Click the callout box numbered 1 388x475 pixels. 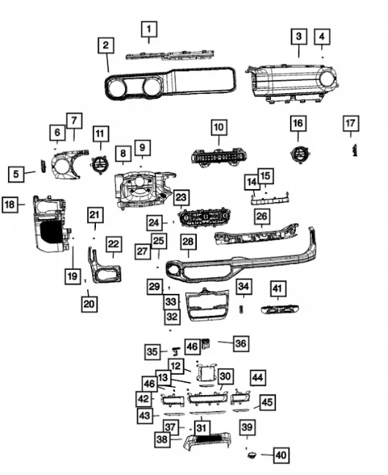tap(149, 29)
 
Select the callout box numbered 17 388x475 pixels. tap(351, 123)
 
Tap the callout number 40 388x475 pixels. tap(281, 455)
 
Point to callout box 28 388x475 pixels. tap(188, 241)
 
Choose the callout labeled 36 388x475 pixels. tap(241, 343)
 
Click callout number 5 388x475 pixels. tap(16, 174)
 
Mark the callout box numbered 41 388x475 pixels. tap(278, 289)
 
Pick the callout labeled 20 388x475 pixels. tap(89, 303)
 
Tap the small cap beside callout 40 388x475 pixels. tap(252, 454)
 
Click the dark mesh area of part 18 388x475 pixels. tap(51, 232)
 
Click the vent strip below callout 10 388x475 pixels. tap(219, 157)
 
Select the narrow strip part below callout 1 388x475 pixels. tap(170, 55)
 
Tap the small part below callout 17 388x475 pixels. tap(354, 150)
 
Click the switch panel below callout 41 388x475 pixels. tap(280, 309)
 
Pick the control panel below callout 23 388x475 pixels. tap(204, 218)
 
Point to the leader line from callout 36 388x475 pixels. tap(225, 342)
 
